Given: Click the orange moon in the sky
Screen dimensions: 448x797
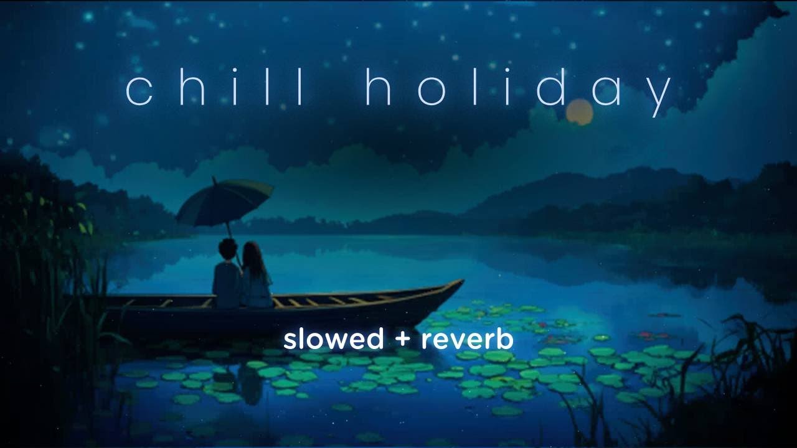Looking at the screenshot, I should click(579, 112).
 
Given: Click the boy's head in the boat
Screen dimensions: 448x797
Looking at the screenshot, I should click(228, 250).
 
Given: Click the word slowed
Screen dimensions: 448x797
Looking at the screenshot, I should click(333, 339).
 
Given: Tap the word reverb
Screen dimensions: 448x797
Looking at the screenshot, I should click(467, 339).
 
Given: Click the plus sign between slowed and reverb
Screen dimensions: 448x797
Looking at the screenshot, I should click(402, 340).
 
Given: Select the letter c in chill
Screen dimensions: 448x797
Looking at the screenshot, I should click(138, 91).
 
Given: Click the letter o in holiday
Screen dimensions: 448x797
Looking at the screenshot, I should click(423, 91).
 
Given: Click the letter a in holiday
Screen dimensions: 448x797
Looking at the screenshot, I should click(602, 91).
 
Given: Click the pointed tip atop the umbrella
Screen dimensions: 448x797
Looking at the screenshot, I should click(214, 179).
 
